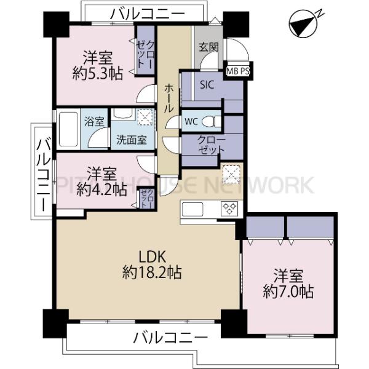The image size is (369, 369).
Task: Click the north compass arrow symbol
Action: point(303,25)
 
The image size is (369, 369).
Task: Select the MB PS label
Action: point(238,71)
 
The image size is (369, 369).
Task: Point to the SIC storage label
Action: point(206,86)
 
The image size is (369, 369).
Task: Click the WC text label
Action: point(191,121)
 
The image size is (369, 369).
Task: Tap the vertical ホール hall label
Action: point(168,98)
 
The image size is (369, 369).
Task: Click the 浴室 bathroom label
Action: point(95,121)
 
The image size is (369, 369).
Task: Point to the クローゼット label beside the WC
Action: point(211,145)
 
